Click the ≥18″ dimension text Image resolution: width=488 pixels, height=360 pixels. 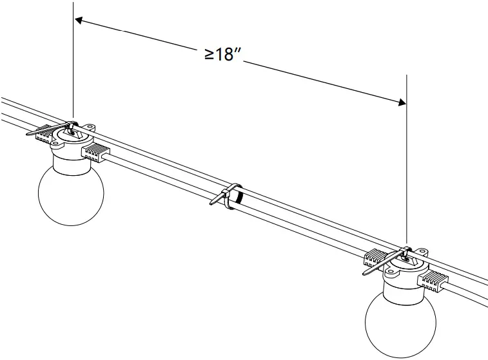(223, 54)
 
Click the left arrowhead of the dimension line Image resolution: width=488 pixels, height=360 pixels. (79, 21)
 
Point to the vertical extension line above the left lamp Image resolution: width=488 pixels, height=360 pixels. (73, 64)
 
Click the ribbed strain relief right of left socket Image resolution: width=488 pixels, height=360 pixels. (94, 152)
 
